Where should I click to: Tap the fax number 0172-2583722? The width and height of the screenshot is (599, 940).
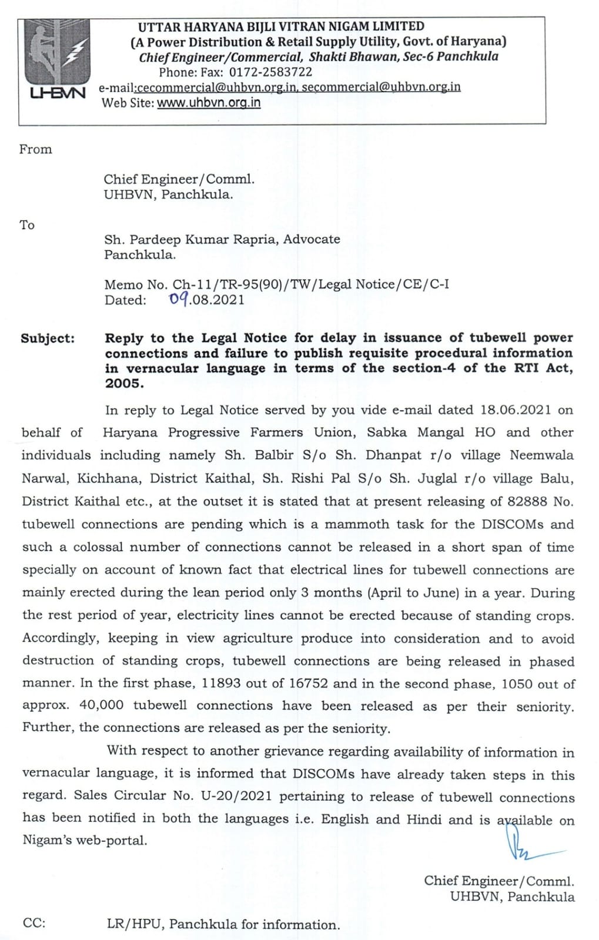coord(270,72)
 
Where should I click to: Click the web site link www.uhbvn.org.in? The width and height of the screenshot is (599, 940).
coord(209,103)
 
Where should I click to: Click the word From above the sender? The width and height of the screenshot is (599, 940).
coord(35,149)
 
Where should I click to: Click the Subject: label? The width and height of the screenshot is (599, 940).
coord(48,338)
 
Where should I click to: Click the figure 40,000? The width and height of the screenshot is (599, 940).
coord(101,706)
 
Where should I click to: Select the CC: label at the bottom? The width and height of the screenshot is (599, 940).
coord(34,923)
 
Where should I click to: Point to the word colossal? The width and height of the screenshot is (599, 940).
coord(98,547)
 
